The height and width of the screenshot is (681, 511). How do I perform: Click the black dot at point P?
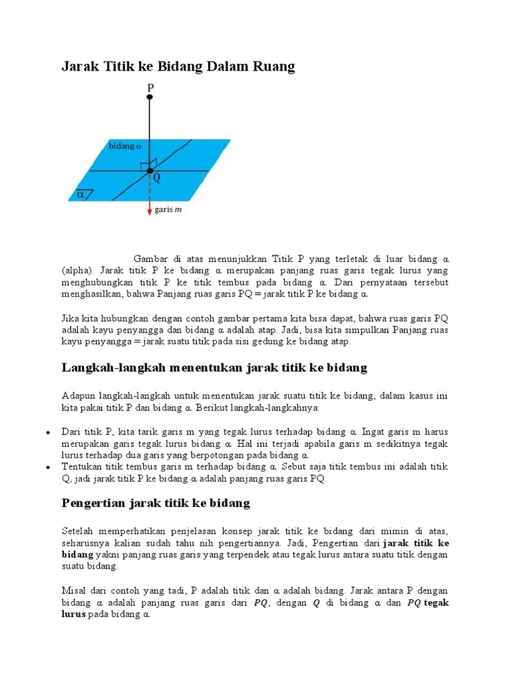(150, 97)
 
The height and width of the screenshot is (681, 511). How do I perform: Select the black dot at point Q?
(150, 171)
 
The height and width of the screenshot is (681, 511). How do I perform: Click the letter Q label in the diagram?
(157, 178)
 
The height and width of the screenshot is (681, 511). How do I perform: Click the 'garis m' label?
(168, 210)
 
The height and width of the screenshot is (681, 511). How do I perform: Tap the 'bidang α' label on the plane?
(125, 146)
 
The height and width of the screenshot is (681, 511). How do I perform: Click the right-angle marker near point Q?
(152, 164)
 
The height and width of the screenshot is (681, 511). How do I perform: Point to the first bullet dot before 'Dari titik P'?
(48, 432)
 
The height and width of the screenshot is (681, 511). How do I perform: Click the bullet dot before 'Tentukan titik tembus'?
(48, 468)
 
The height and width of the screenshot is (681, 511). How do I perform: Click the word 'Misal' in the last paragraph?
(75, 591)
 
